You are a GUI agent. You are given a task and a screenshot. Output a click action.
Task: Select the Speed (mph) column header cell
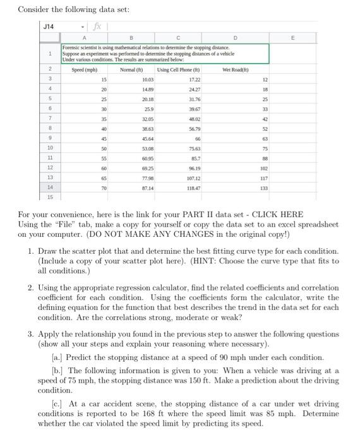84,69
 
